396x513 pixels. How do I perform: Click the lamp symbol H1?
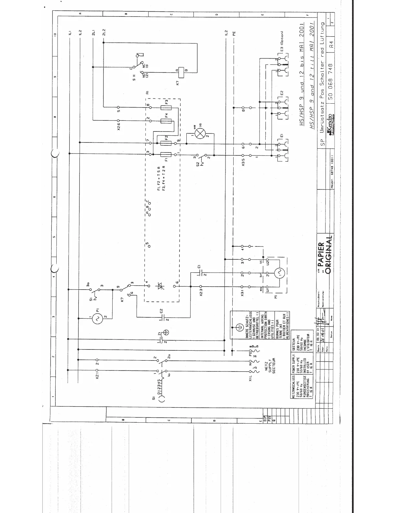201,133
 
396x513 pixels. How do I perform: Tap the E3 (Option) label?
282,42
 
